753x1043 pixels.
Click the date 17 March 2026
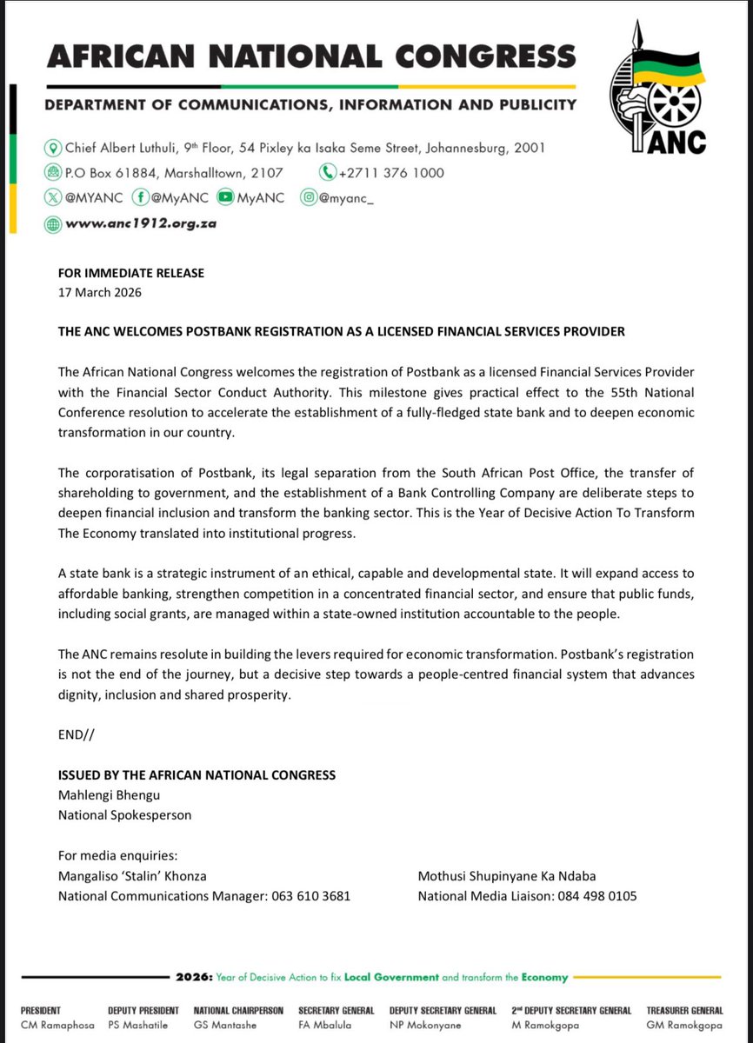click(x=99, y=292)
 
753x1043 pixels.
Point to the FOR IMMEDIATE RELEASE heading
click(x=131, y=273)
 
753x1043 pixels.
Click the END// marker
click(x=77, y=734)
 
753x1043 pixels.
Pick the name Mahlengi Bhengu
click(x=109, y=795)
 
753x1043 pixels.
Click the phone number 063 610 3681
click(x=308, y=895)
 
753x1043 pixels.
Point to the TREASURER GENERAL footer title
click(x=684, y=1011)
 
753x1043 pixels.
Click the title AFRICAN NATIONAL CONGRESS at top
click(x=311, y=56)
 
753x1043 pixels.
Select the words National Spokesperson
click(x=124, y=815)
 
